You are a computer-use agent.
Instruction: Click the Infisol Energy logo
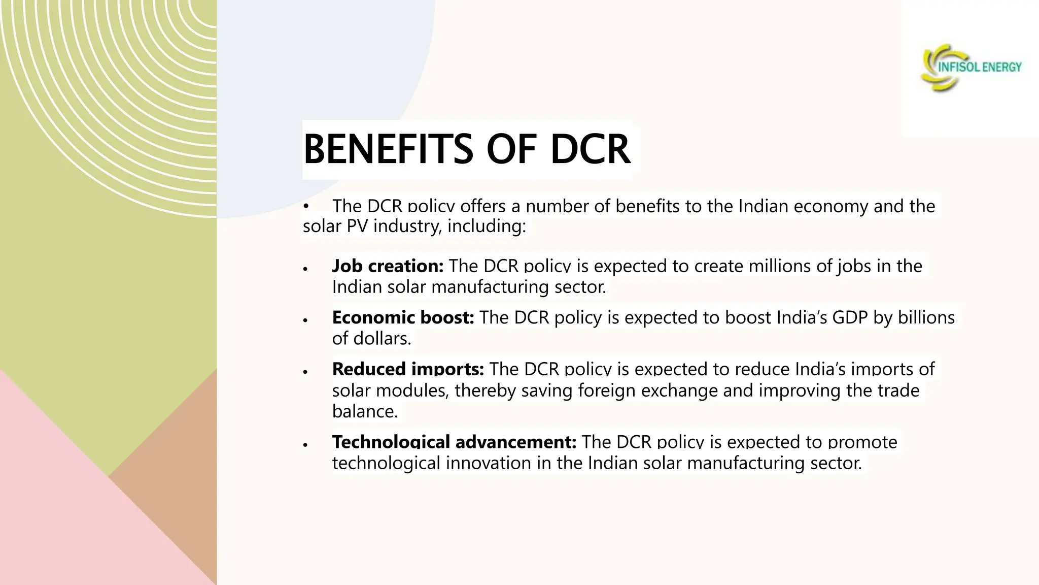pos(971,68)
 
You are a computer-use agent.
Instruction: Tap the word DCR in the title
pos(590,149)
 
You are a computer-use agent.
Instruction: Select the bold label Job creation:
pos(388,266)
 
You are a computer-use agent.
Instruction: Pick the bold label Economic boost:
pos(403,317)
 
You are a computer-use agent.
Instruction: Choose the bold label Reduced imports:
pos(408,369)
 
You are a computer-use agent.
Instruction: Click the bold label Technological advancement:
pos(454,442)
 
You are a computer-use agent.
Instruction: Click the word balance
pos(365,411)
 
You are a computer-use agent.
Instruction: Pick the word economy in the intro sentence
pos(830,206)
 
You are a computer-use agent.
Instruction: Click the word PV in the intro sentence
pos(357,226)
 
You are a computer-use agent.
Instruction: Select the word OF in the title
pos(511,149)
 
